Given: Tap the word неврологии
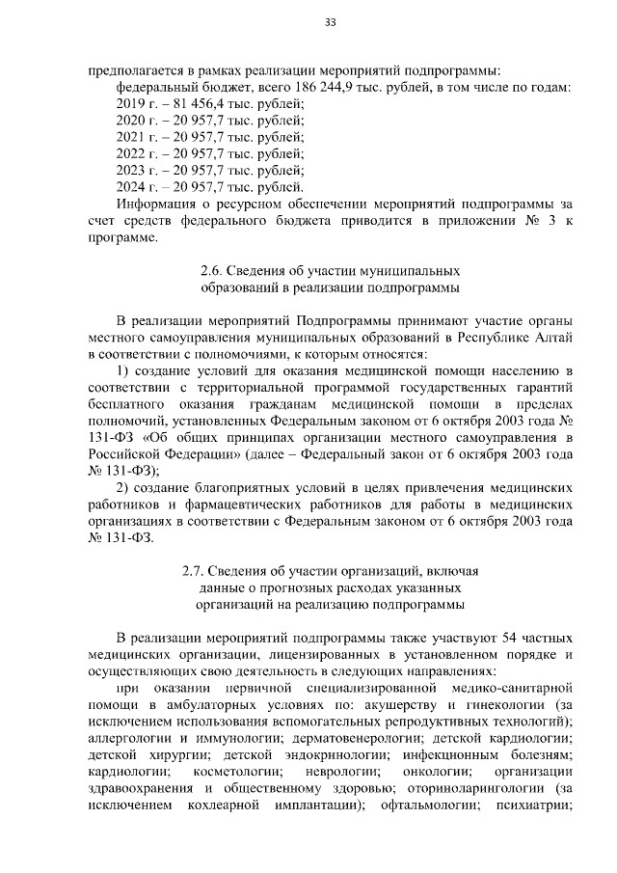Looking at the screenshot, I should point(339,773).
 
